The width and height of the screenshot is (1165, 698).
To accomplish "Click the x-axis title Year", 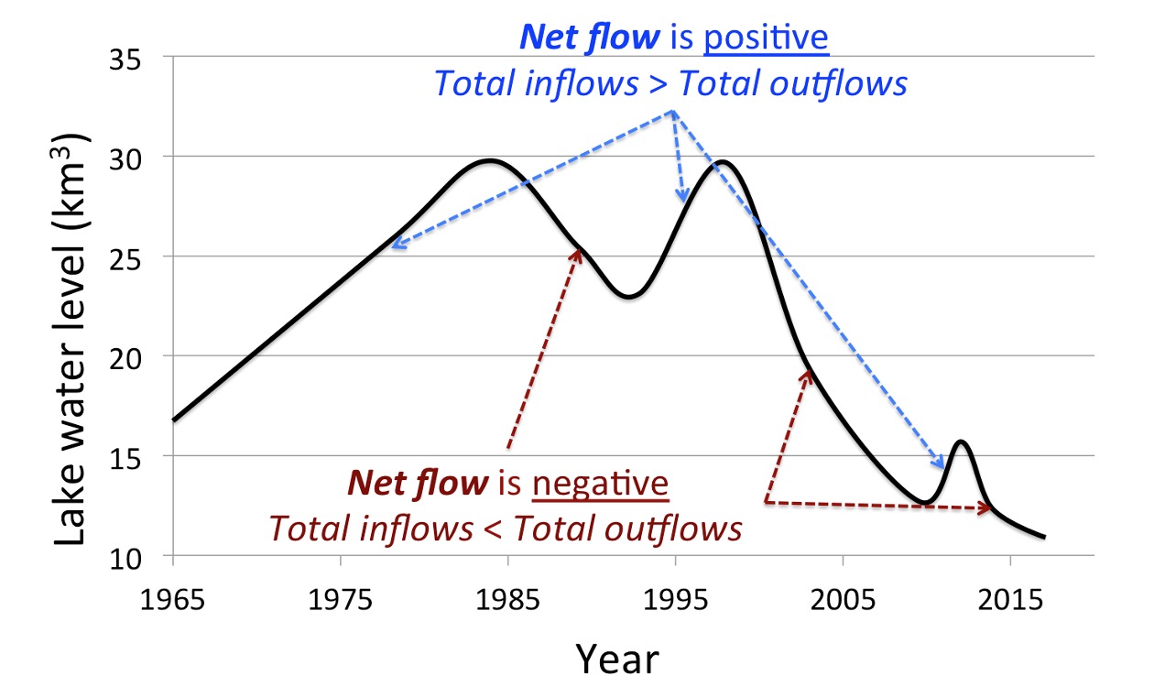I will [x=616, y=657].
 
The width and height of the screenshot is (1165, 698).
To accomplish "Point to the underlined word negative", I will [x=602, y=482].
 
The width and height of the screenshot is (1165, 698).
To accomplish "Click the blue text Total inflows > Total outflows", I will [x=670, y=83].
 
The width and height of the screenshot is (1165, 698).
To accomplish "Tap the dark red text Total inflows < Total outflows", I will [x=504, y=528].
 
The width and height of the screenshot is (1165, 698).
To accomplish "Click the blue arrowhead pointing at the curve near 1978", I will [x=394, y=245].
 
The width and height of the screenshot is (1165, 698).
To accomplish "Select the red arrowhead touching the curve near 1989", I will [x=578, y=251].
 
